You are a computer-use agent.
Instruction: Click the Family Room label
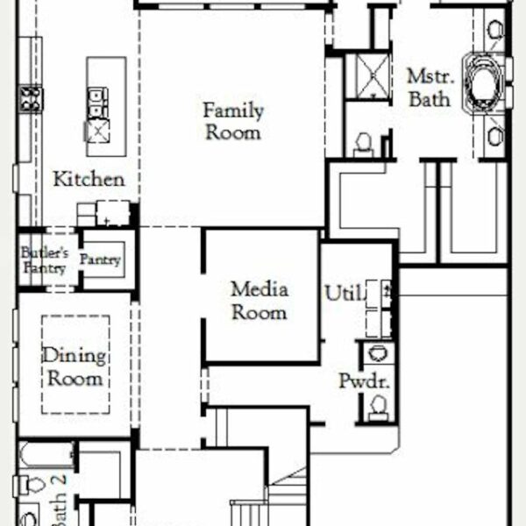233,121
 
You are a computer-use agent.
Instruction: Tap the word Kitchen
89,179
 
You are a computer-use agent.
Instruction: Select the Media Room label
259,301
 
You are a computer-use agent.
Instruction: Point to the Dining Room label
75,366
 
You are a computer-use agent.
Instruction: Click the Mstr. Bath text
430,88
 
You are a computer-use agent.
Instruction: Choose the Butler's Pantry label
45,260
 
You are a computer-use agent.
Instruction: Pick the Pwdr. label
365,381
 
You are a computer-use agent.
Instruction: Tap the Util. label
345,293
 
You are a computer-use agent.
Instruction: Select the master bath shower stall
373,76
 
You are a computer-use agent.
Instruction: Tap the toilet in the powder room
379,408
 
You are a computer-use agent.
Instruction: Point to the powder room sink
378,353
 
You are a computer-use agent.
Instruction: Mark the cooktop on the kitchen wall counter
31,99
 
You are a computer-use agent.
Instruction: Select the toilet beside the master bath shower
364,146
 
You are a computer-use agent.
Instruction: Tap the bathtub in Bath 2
47,454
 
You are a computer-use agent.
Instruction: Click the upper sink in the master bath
495,30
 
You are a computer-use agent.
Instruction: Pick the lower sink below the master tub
495,137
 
